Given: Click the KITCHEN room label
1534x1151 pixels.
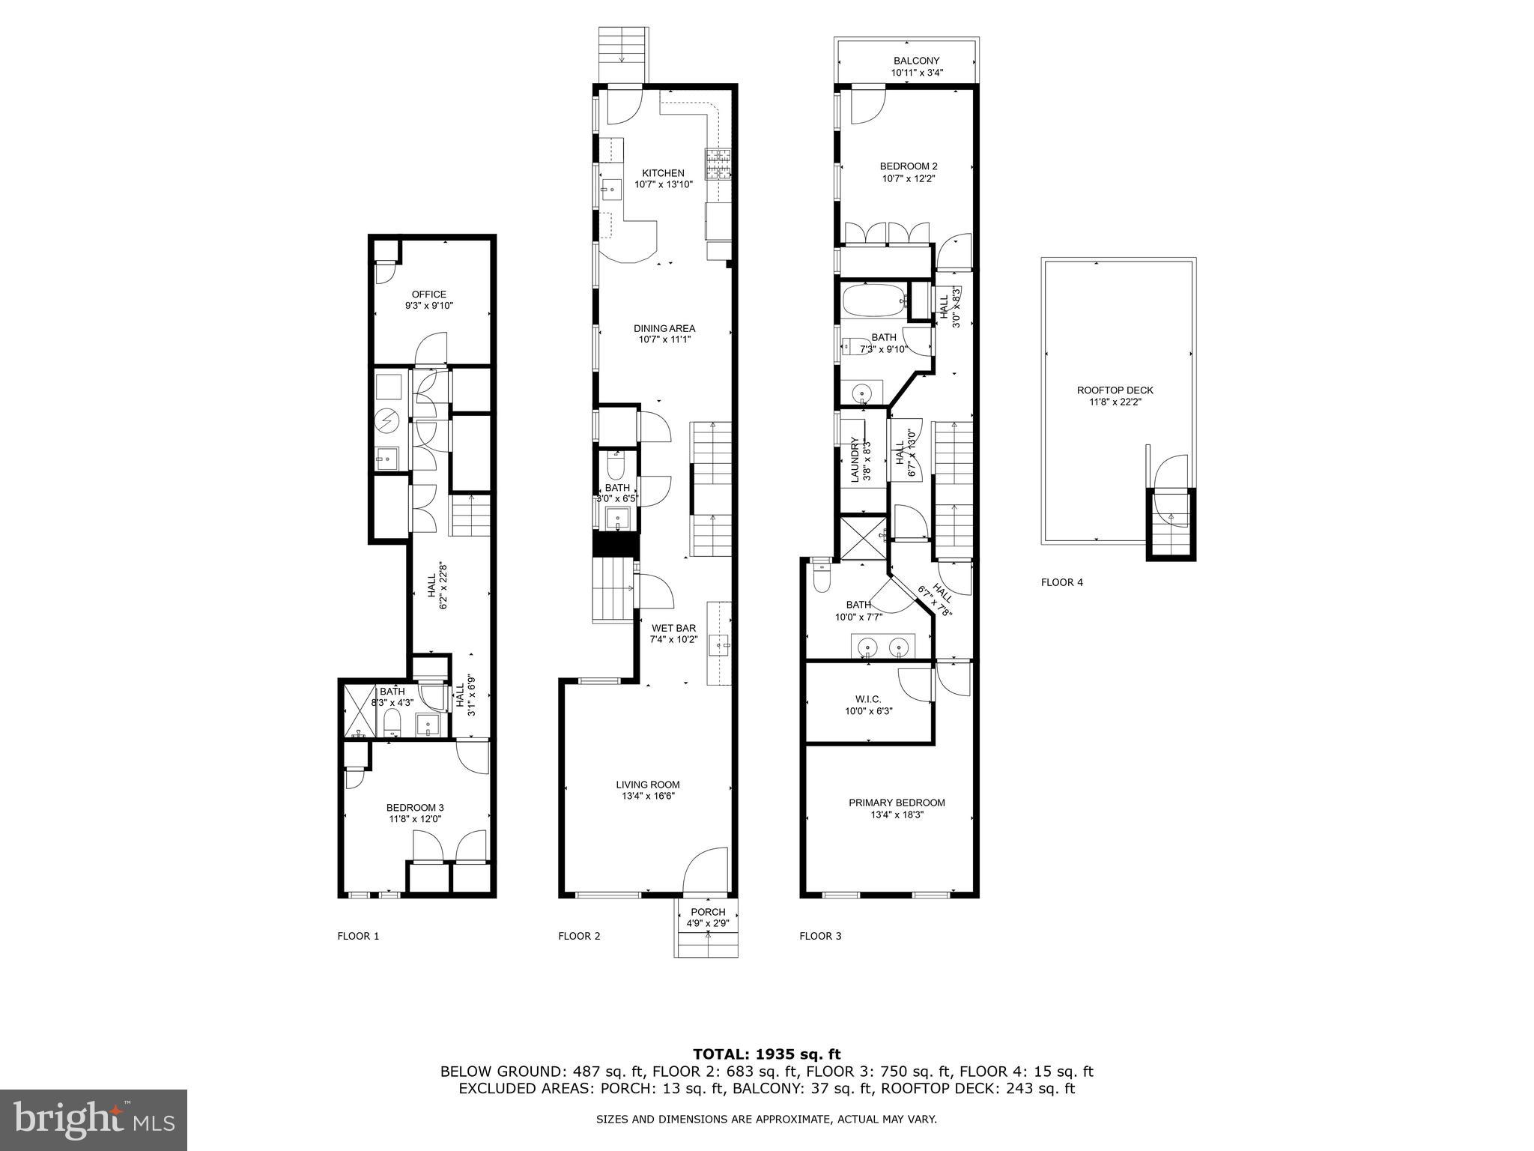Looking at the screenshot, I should pos(663,173).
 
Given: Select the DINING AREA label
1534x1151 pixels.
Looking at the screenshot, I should pos(664,328).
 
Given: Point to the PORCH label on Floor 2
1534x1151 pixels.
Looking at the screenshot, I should pos(708,912).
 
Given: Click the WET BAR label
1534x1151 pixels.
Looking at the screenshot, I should pos(673,628).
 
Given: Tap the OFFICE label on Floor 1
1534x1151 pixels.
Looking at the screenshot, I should pos(429,294).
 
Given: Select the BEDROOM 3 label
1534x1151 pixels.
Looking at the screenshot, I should pos(415,807).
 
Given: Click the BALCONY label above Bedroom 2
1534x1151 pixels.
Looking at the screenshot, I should pos(916,61).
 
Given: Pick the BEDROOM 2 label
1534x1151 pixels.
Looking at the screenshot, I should pos(909,166).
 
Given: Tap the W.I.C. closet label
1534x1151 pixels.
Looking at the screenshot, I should pos(868,698).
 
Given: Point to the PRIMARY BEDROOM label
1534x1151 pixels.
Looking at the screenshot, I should pos(897,803).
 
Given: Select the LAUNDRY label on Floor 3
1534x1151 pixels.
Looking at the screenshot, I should pos(855,460).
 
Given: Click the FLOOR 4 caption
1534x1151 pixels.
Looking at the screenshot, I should pos(1061,582).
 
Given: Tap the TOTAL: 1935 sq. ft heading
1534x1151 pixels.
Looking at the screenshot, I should pos(766,1054).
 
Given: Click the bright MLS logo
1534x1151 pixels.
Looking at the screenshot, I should pos(94,1120).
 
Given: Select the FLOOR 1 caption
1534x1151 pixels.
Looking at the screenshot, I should pos(358,936).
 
